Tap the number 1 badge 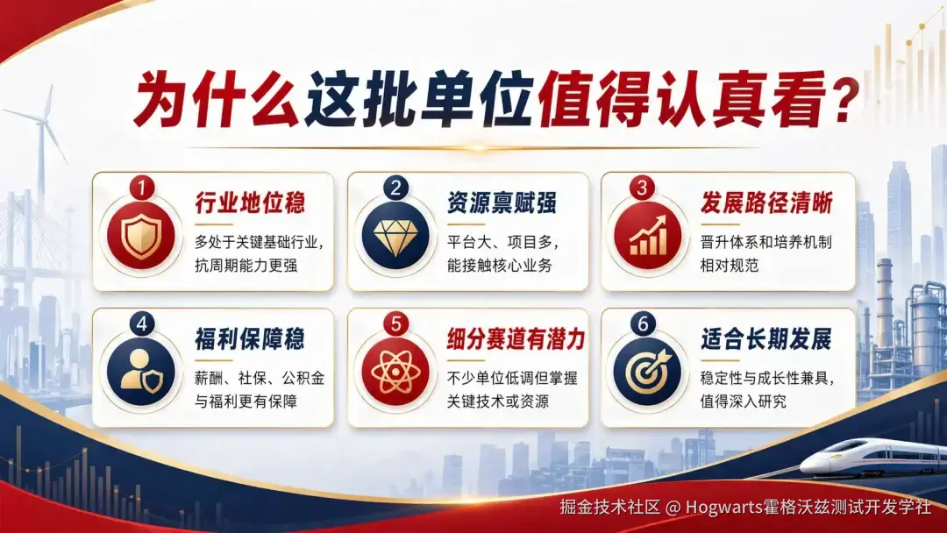(142, 187)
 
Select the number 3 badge (644, 187)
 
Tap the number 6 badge (644, 323)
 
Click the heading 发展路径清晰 (766, 203)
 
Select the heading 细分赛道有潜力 (515, 338)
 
